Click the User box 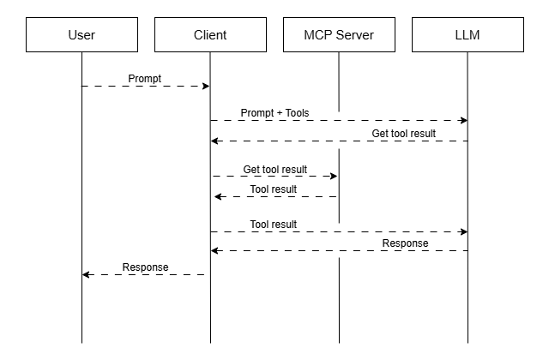coord(81,35)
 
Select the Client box coord(210,35)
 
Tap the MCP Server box coord(339,35)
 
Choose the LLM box coord(468,35)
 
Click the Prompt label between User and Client coord(145,79)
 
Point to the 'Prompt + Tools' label coord(274,113)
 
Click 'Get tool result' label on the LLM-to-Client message coord(403,134)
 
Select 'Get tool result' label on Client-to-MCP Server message coord(274,170)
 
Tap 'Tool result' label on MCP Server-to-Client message coord(274,189)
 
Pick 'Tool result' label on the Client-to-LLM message coord(274,225)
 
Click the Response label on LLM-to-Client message coord(405,243)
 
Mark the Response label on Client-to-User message coord(145,267)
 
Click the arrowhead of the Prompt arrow coord(206,86)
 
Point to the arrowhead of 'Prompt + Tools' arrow coord(463,121)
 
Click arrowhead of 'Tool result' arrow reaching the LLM coord(463,231)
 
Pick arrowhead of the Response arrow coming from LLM coord(215,250)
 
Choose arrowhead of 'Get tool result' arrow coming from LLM coord(215,141)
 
